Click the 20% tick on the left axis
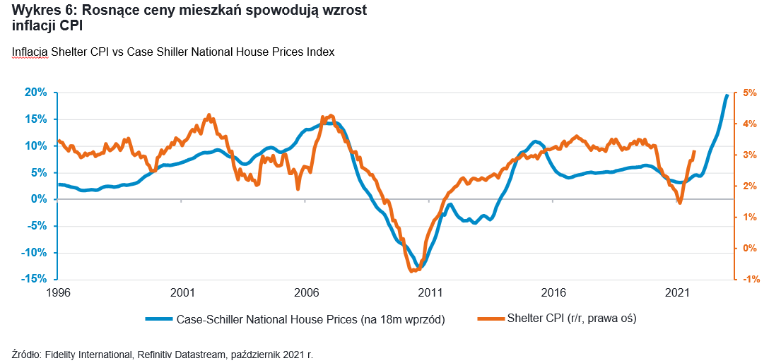(36, 93)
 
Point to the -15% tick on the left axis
(35, 279)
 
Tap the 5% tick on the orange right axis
(750, 93)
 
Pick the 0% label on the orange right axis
(750, 248)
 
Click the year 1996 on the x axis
(59, 292)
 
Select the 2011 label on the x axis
(430, 292)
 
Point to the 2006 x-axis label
(306, 292)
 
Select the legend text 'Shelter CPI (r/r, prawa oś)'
(572, 319)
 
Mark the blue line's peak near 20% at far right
(727, 95)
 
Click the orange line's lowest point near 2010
(413, 270)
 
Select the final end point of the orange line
(694, 151)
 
